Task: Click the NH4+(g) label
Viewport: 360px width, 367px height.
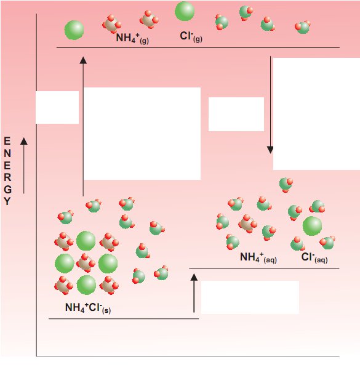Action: click(132, 38)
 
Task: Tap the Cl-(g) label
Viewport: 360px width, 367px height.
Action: click(191, 37)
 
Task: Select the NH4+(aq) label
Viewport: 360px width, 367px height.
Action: click(258, 257)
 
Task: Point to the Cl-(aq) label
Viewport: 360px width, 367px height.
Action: click(314, 257)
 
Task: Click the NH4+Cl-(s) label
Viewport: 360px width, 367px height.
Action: click(88, 308)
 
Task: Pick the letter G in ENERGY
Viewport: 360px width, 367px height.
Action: click(7, 190)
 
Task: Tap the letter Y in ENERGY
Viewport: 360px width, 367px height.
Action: click(7, 201)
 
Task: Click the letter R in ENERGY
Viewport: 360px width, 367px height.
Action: click(7, 177)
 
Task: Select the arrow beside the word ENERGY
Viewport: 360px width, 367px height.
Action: click(23, 166)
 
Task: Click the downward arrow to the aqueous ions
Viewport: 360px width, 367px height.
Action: click(270, 105)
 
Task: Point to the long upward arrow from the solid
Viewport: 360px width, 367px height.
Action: click(83, 126)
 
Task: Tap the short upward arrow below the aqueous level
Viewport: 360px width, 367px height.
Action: click(194, 293)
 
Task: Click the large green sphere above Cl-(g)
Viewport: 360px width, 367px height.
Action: click(185, 11)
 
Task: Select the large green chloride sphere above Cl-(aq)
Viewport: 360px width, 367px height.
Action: click(312, 226)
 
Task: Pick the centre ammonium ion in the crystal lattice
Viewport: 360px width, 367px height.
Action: click(86, 263)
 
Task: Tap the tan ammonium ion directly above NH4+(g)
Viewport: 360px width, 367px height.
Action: click(111, 25)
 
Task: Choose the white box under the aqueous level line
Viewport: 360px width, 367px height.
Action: click(250, 297)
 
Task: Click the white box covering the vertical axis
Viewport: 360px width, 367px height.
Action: click(57, 107)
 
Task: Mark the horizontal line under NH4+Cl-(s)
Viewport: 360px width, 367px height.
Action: click(124, 318)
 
